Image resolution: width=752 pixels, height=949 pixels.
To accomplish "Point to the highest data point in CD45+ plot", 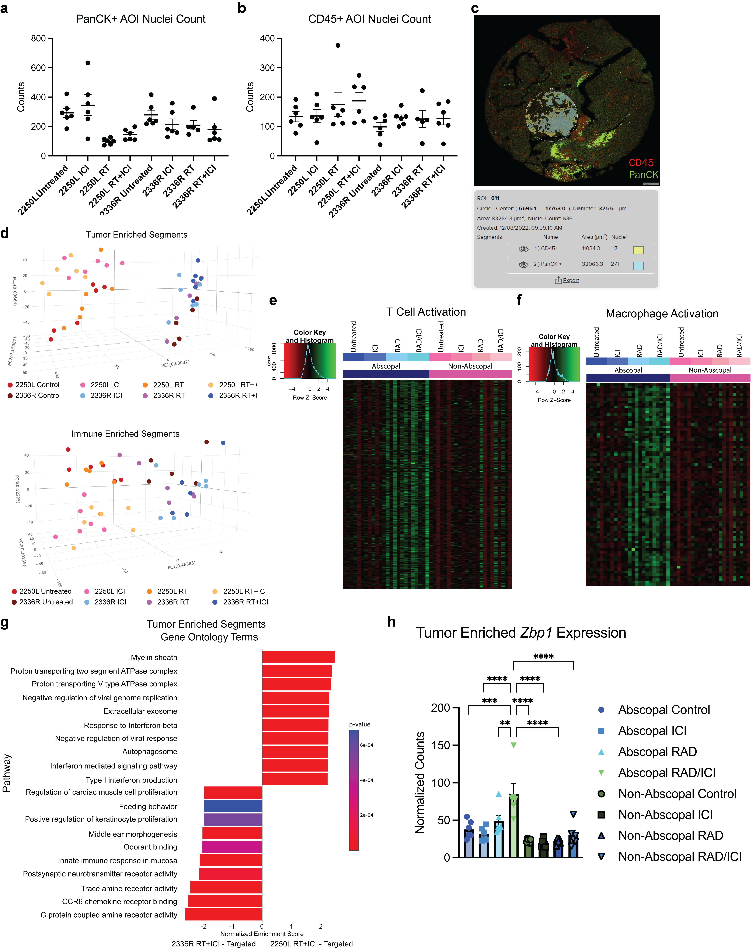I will [x=338, y=45].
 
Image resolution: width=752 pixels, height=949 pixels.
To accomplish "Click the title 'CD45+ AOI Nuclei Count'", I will [x=369, y=19].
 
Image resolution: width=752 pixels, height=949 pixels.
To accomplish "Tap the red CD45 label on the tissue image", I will [x=641, y=162].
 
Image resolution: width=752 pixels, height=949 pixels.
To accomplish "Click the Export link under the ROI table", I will [x=570, y=280].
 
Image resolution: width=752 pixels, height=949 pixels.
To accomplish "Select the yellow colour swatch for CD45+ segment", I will [x=638, y=250].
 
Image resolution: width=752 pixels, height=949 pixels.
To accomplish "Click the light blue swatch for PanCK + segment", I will [x=638, y=265].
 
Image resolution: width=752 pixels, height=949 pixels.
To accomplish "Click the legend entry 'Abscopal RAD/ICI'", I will [x=666, y=773].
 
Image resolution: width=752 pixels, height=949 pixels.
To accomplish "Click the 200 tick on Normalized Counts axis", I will [x=441, y=708].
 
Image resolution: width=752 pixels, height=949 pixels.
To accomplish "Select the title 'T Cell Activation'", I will [x=426, y=312].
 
